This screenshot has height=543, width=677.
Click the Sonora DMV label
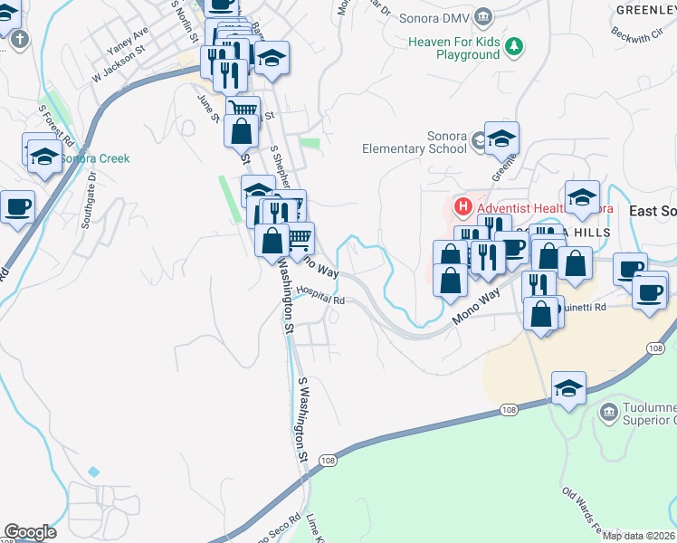click(439, 17)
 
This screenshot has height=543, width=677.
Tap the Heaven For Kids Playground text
click(453, 48)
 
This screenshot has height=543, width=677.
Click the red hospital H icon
click(462, 208)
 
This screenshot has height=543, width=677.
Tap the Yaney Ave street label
click(126, 38)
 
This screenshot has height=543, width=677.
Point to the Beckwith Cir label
click(636, 35)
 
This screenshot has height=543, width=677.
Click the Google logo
click(30, 532)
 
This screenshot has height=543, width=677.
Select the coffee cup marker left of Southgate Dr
click(17, 207)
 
